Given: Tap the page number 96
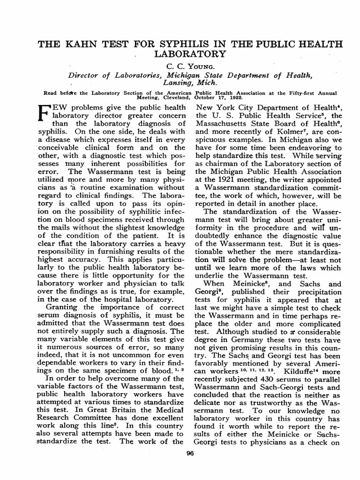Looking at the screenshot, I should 190,452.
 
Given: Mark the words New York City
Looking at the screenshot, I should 223,108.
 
